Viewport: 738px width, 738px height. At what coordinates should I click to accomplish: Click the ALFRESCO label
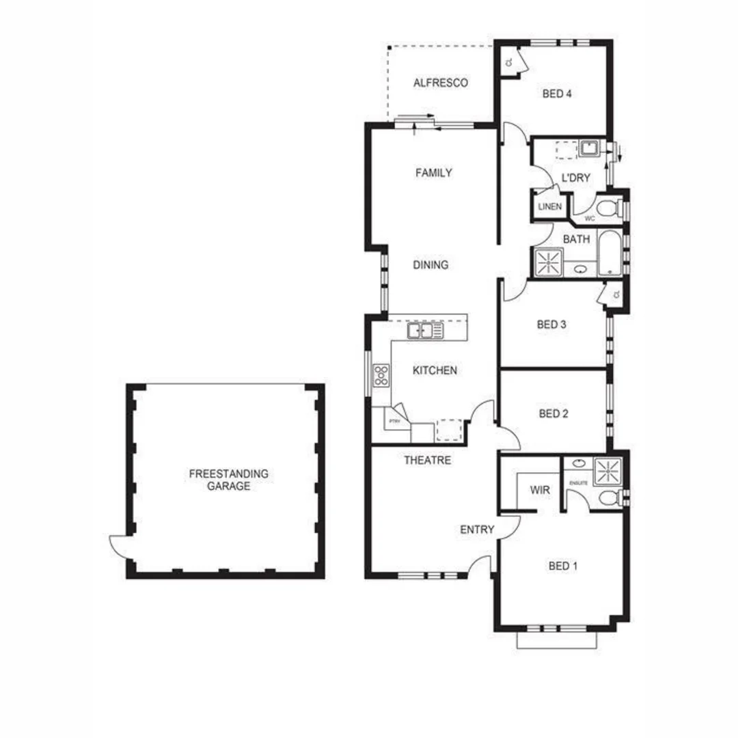[x=441, y=83]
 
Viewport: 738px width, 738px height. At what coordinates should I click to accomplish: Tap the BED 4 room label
[x=557, y=94]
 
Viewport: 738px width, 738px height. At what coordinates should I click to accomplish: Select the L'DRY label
[x=575, y=178]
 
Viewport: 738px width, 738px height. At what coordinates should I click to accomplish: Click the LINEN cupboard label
[x=549, y=206]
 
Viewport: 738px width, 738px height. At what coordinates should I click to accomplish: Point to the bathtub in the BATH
[x=607, y=254]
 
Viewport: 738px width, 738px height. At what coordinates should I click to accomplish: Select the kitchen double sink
[x=425, y=331]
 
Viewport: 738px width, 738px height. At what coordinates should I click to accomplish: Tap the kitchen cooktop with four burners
[x=381, y=375]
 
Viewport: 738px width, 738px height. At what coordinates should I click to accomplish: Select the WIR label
[x=541, y=490]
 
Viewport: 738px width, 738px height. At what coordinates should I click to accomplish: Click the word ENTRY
[x=477, y=530]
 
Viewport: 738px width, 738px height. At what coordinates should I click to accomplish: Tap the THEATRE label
[x=427, y=461]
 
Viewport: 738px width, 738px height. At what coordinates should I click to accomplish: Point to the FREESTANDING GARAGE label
[x=219, y=480]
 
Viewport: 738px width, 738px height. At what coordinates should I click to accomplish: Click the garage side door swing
[x=119, y=547]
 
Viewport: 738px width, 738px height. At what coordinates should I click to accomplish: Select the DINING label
[x=430, y=265]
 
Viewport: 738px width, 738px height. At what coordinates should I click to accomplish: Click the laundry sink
[x=588, y=148]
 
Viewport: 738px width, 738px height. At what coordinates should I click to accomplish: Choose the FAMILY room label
[x=434, y=173]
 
